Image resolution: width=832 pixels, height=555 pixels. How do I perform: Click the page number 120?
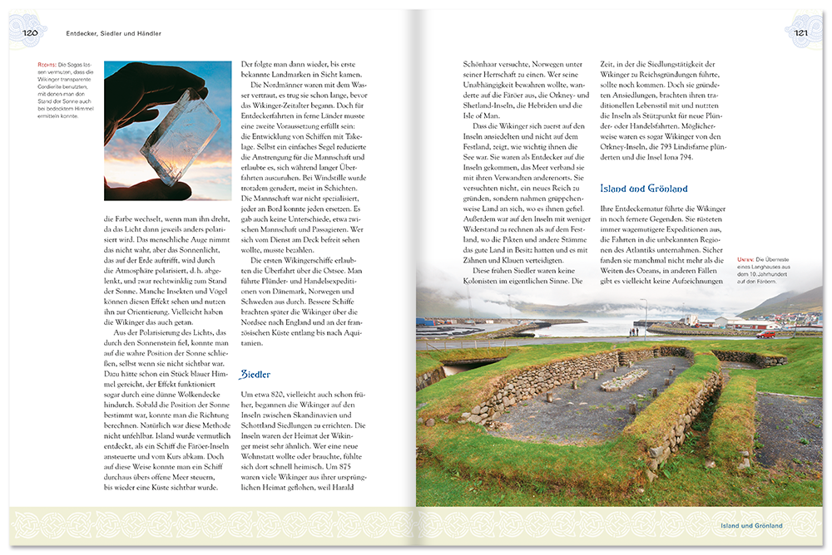tap(30, 33)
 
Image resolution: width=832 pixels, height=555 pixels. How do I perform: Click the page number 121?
tap(801, 33)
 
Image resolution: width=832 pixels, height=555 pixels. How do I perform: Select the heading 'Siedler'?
tap(255, 374)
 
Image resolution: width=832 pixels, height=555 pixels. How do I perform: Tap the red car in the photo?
tap(766, 334)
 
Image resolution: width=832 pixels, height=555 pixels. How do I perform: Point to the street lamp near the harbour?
tap(645, 314)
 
